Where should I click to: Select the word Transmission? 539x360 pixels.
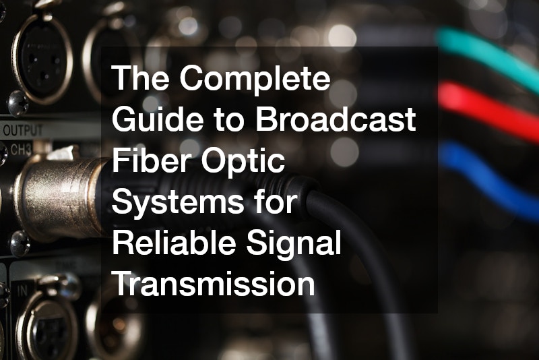coord(213,284)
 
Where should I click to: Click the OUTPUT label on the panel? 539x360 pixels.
coord(23,129)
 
